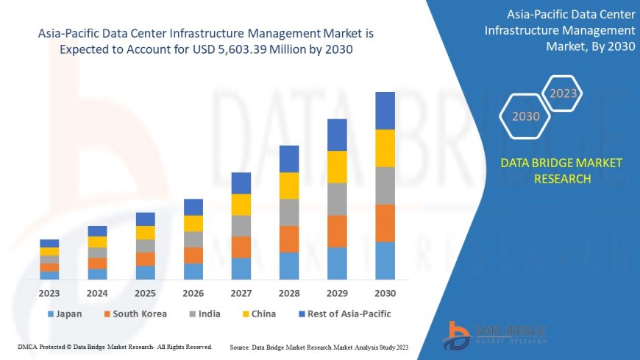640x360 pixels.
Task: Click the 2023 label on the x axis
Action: coord(49,293)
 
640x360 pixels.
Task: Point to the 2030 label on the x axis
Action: coord(385,293)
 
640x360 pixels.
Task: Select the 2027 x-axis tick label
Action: coord(241,293)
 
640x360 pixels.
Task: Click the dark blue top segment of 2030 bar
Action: coord(385,110)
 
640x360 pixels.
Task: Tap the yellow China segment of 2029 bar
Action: coord(337,167)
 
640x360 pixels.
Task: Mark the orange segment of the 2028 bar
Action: coord(289,239)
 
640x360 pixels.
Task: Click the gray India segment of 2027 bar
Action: coord(241,226)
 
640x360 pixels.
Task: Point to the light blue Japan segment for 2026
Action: coord(193,272)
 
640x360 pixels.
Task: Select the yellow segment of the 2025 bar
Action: coord(146,233)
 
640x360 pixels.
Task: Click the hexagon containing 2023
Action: coord(563,93)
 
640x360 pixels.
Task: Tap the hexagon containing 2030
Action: coord(525,116)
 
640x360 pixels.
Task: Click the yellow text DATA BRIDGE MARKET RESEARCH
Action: coord(561,171)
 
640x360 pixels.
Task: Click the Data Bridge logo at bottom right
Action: coord(494,335)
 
